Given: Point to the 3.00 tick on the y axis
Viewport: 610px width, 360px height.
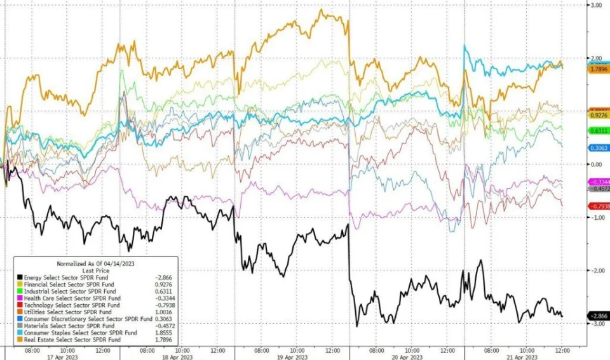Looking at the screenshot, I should pyautogui.click(x=596, y=5).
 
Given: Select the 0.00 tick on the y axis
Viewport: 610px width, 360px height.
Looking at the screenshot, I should pyautogui.click(x=596, y=164).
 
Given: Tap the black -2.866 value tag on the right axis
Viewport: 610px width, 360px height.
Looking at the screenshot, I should pyautogui.click(x=597, y=316).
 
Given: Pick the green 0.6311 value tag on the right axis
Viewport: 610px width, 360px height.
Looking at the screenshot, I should pyautogui.click(x=597, y=131).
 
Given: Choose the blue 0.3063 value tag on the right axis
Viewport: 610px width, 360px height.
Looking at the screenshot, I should pyautogui.click(x=597, y=147).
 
